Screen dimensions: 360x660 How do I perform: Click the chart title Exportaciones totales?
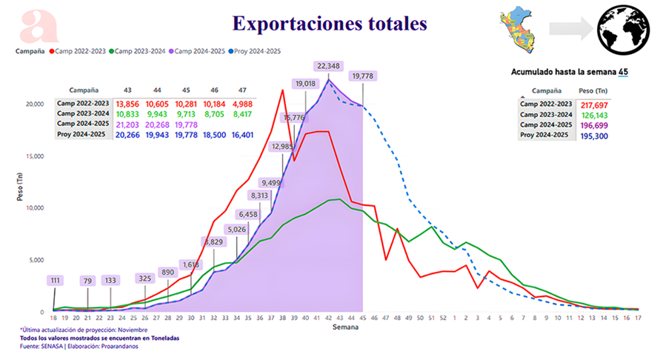[330, 24]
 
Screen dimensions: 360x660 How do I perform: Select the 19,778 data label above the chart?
[363, 76]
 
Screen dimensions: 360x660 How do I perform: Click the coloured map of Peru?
[521, 27]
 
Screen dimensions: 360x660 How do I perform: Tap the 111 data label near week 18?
[56, 281]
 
